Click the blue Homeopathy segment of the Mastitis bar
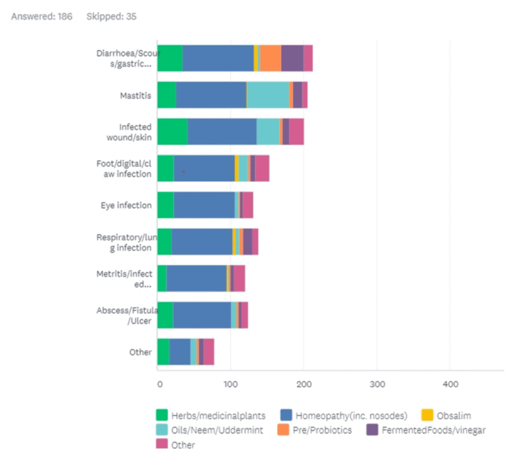pos(211,95)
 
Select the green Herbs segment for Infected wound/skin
pos(172,132)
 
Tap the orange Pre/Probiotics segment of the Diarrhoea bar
pos(271,59)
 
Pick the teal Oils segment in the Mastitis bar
pos(268,95)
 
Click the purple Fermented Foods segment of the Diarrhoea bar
pos(292,59)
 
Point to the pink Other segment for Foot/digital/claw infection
pos(262,168)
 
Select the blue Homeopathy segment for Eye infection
pos(204,204)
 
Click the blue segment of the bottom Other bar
pos(180,352)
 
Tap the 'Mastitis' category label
pos(136,95)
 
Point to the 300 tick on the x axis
pos(377,384)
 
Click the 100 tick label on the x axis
pos(231,384)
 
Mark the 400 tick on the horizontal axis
pos(450,384)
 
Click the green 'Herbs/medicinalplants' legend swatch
pos(162,416)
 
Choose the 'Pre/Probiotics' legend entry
pos(315,430)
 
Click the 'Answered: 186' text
pos(42,16)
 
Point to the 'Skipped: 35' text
pos(112,16)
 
